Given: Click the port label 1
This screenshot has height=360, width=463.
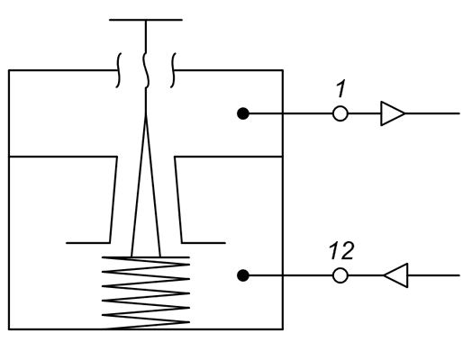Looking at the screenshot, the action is point(341,89).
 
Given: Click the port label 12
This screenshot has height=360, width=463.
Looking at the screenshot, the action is point(341,250).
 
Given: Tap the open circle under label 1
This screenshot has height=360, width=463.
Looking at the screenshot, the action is point(340,113).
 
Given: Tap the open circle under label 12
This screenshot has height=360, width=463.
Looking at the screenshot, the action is point(340,275).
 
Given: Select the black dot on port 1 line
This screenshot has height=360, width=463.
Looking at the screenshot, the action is point(243,113).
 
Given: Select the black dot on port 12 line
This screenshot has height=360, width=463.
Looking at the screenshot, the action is point(243,275).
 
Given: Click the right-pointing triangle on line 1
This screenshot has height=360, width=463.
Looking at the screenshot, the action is point(393,113).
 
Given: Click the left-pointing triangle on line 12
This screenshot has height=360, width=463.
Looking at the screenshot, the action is point(395,275).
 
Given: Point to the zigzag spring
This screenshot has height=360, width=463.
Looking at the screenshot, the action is point(146,293).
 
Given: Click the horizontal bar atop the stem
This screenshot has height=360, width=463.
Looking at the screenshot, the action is point(146,20).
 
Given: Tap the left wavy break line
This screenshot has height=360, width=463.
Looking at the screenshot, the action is point(119,70).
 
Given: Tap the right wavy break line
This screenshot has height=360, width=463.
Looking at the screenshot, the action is point(173,70).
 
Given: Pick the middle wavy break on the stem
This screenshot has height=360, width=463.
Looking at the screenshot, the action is point(146,70).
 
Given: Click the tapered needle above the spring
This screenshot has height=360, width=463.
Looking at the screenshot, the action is point(146,186).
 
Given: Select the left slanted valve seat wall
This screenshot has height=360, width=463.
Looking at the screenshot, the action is point(113,200).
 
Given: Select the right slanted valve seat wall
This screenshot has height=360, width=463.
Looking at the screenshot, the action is point(178,200).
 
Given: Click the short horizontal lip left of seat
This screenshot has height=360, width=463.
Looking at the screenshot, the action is point(88,243).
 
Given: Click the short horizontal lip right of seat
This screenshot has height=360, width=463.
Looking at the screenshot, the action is point(204,243).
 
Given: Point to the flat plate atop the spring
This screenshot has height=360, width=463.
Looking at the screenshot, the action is point(146,257).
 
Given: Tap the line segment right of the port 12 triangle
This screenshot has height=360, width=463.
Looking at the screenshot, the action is point(433,275).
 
